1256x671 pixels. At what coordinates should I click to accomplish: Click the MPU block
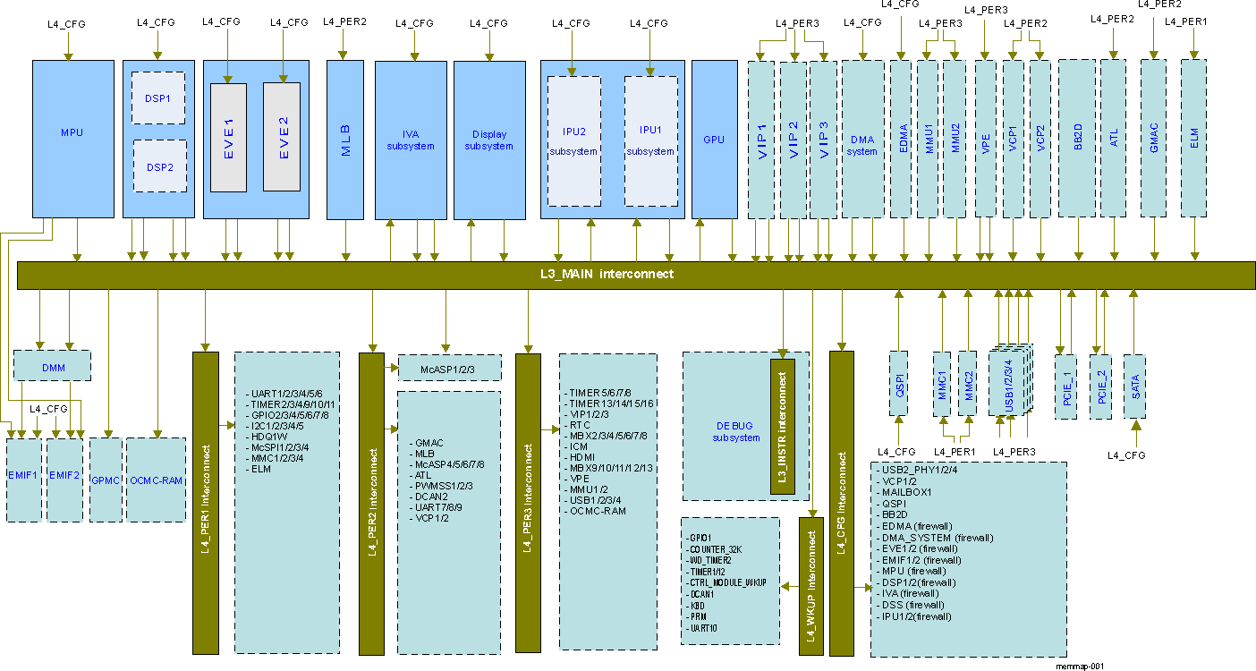(x=72, y=132)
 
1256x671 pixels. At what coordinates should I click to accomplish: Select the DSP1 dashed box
(x=158, y=98)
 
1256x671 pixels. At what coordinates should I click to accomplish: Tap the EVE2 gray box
(x=282, y=137)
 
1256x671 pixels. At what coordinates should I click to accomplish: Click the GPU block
(x=714, y=140)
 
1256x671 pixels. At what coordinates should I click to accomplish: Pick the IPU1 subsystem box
(x=650, y=140)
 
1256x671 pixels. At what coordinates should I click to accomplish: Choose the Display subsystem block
(x=489, y=140)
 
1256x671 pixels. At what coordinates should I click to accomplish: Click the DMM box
(x=53, y=366)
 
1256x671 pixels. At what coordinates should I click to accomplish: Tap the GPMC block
(x=106, y=480)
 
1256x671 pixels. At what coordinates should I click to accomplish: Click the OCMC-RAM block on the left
(x=156, y=480)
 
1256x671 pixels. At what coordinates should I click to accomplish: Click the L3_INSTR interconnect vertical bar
(x=783, y=427)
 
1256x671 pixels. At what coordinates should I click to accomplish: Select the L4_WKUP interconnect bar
(x=810, y=586)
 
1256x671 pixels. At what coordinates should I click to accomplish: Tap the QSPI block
(x=898, y=383)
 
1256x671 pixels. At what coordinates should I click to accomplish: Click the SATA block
(x=1135, y=385)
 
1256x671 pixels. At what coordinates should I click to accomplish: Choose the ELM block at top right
(x=1193, y=138)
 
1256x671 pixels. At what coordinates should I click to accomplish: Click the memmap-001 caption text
(x=1080, y=666)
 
